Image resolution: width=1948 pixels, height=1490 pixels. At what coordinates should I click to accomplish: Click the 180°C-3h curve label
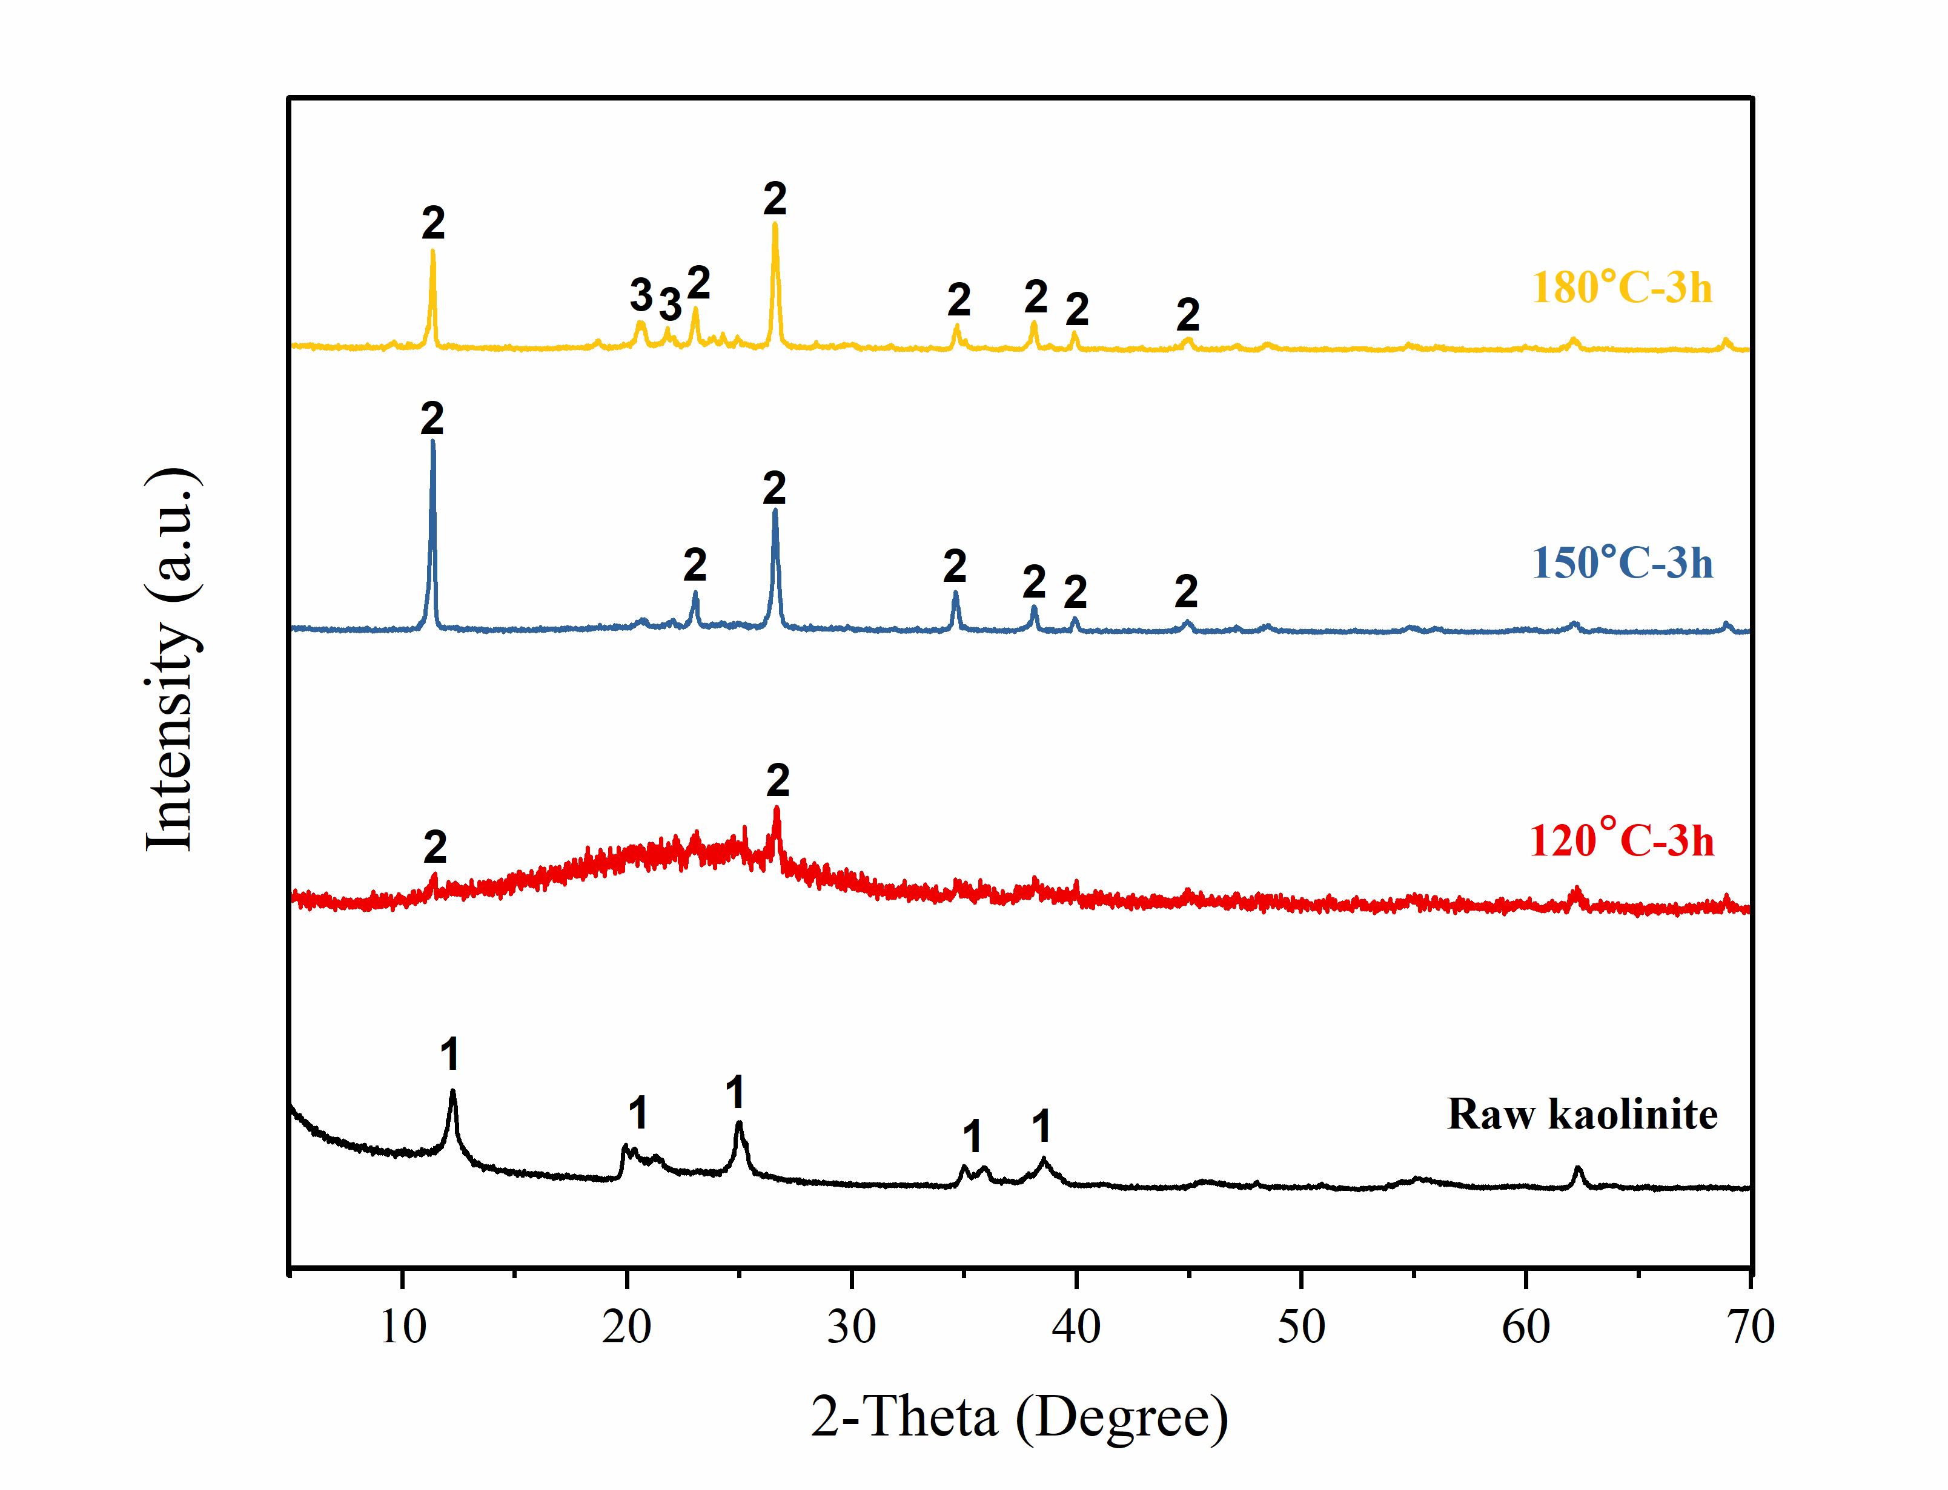click(x=1621, y=288)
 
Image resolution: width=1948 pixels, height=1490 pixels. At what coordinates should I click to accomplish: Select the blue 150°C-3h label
click(x=1622, y=563)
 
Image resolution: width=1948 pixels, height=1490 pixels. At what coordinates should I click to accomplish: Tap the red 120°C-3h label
click(x=1621, y=840)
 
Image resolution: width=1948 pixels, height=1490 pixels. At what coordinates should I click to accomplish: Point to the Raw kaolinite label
click(x=1582, y=1114)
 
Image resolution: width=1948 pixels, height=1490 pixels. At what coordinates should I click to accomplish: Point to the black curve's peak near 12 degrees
click(x=452, y=1093)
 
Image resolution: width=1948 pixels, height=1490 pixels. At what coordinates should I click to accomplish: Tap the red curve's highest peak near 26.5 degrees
click(x=777, y=809)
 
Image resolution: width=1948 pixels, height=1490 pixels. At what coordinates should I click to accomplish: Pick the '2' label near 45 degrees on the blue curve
click(x=1186, y=592)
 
